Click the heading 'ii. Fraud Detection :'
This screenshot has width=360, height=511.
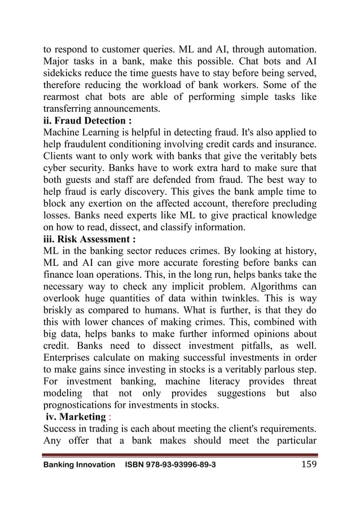(x=89, y=121)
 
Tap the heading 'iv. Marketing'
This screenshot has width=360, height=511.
(x=76, y=417)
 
